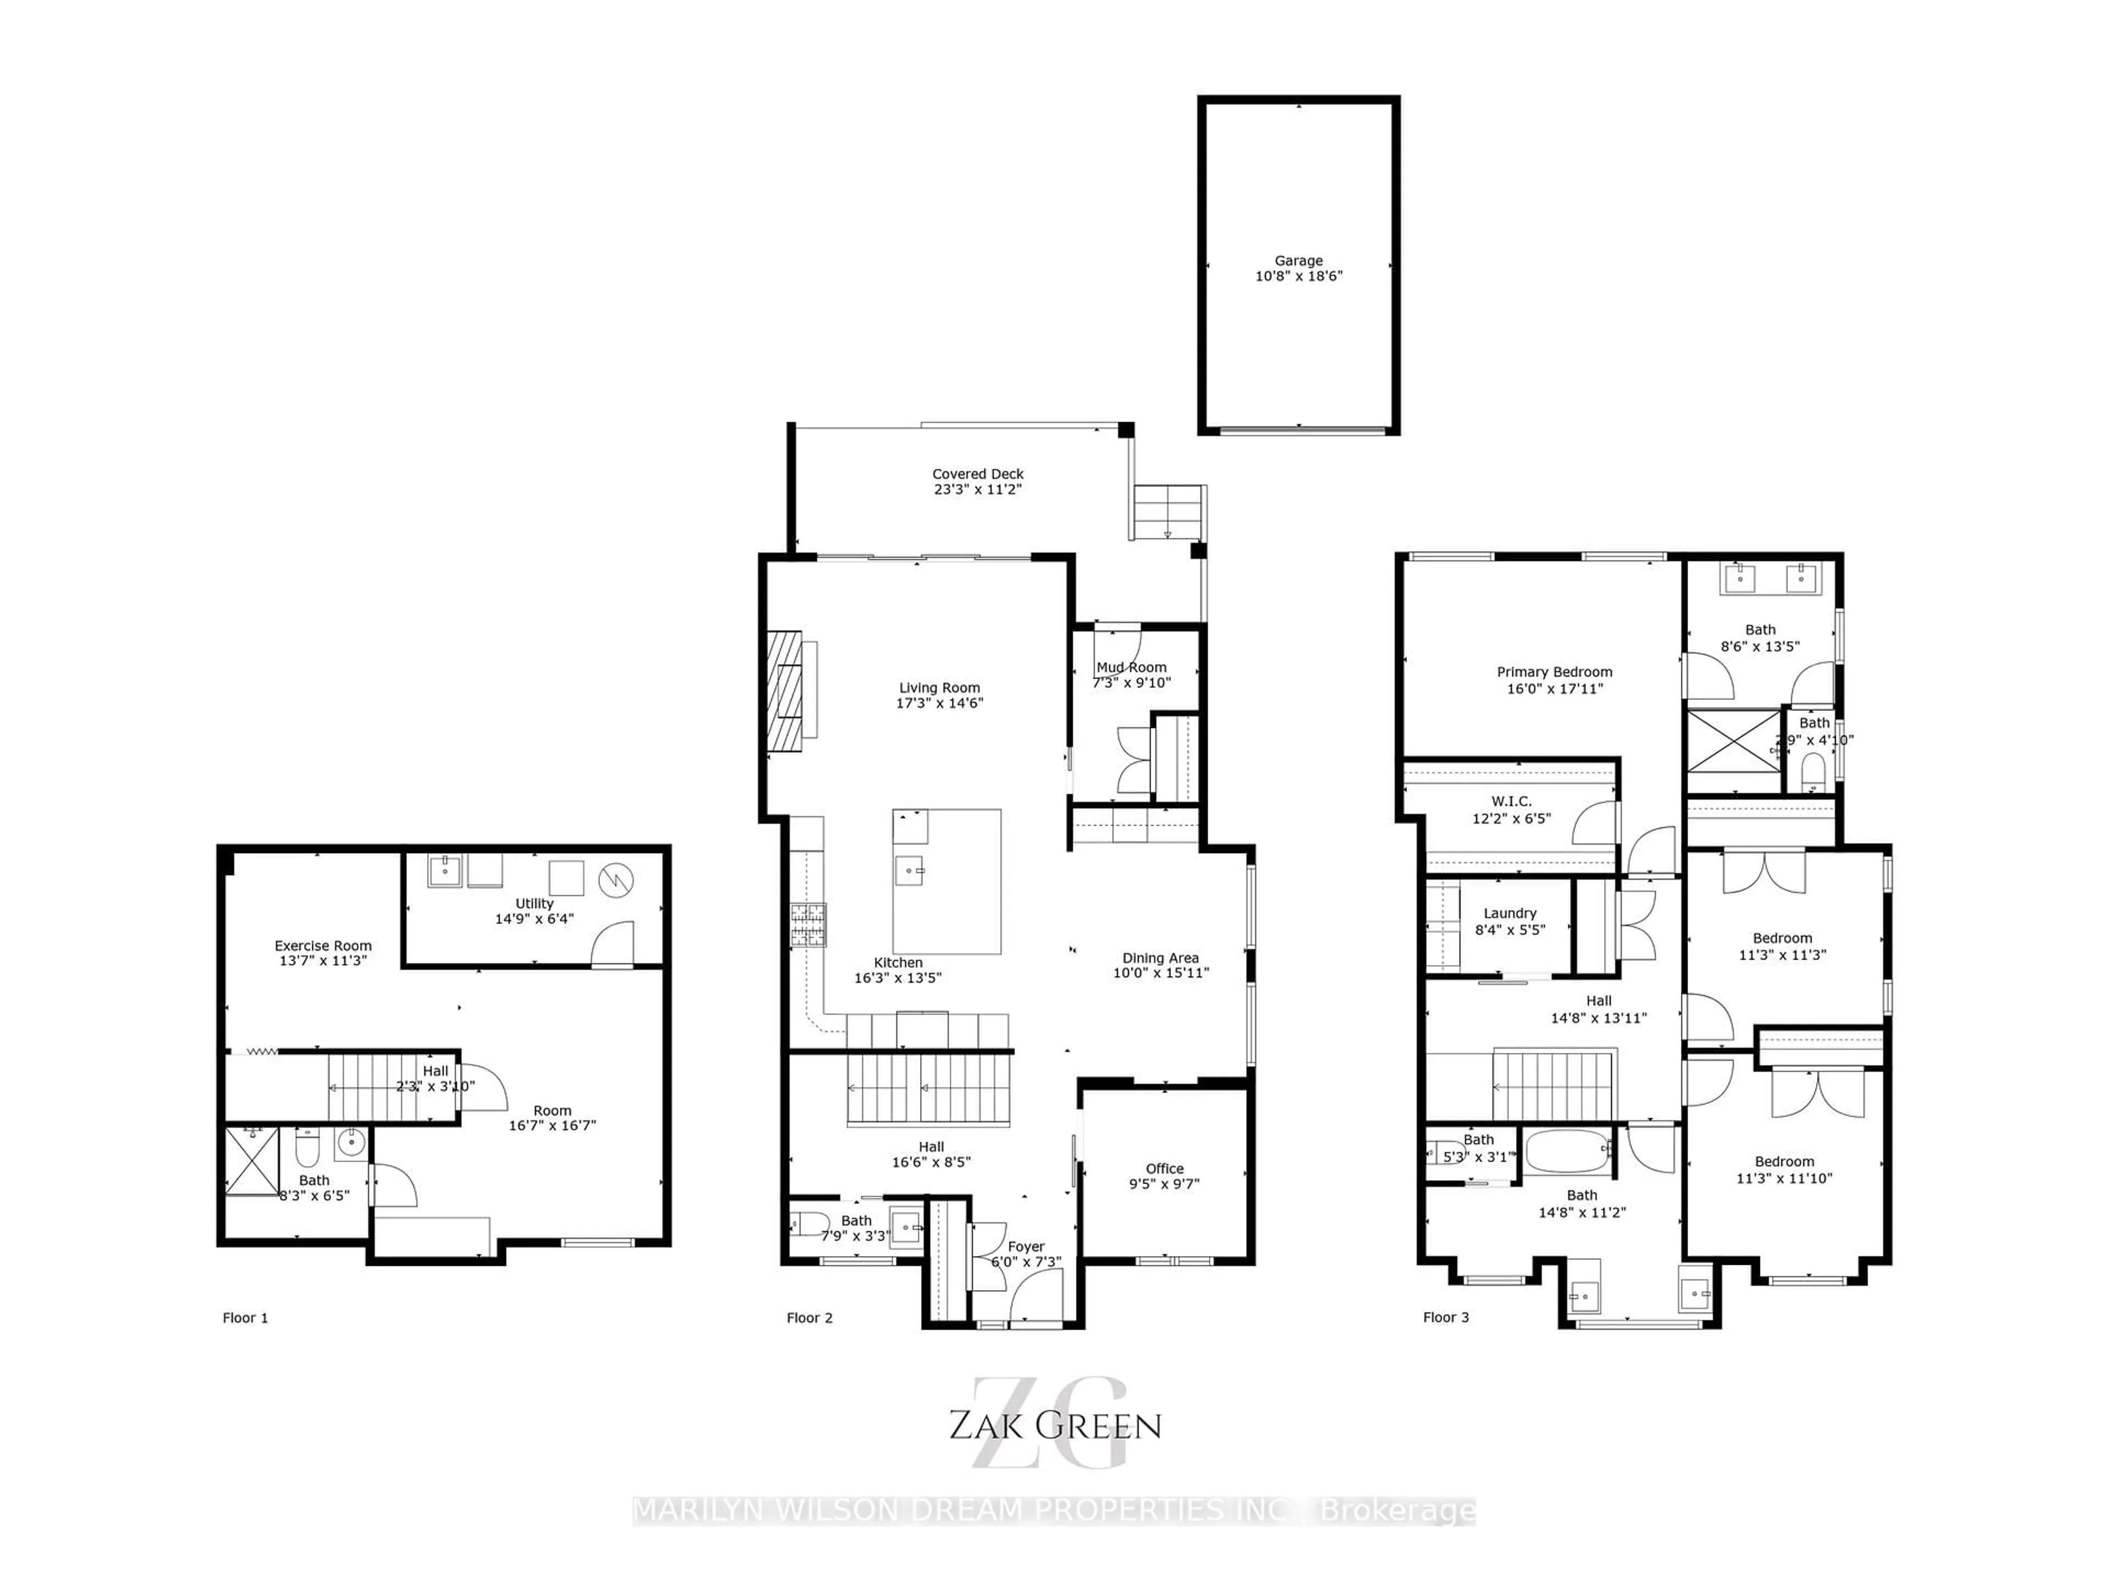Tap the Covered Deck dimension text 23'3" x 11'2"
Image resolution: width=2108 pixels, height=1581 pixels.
[978, 490]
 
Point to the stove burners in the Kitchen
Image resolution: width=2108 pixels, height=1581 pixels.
[808, 924]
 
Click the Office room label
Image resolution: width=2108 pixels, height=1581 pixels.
[1164, 1168]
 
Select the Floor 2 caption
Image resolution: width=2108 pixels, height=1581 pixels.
[809, 1318]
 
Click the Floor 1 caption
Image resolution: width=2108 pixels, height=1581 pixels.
[245, 1318]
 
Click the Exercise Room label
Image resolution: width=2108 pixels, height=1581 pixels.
[323, 945]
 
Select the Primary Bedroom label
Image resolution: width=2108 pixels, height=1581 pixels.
[1554, 672]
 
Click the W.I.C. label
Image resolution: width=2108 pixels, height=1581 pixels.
[1511, 801]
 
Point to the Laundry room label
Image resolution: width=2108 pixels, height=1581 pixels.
[1510, 913]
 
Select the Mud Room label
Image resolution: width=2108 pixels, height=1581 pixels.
[1131, 667]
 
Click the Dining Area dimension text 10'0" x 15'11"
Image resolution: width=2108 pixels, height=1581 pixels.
[1160, 973]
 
